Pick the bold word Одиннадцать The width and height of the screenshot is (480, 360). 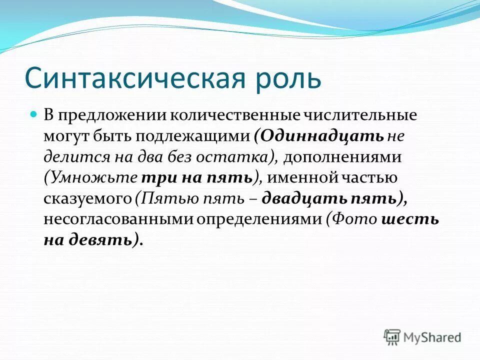(322, 136)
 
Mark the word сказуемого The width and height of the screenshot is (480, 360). (86, 198)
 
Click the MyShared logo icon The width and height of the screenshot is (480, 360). (392, 336)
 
